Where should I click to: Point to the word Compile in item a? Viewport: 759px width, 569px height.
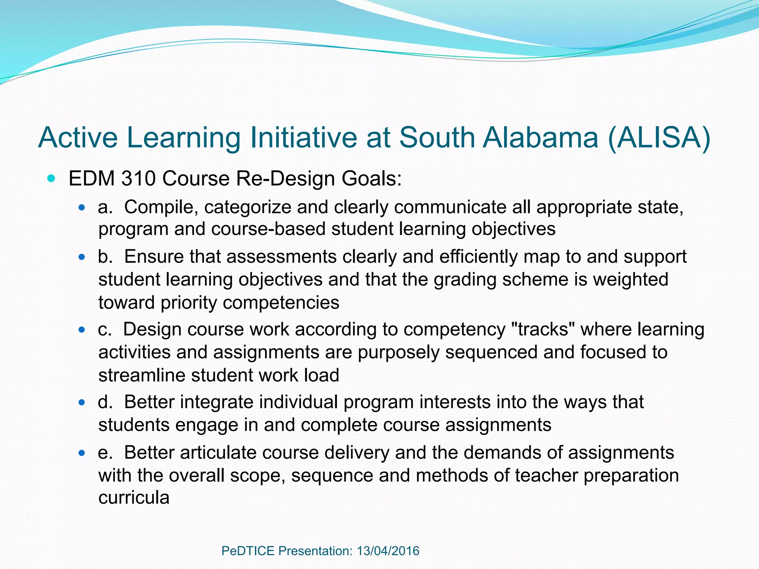(159, 207)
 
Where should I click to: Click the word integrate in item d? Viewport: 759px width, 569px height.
(217, 402)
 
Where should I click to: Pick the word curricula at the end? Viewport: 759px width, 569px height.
(134, 498)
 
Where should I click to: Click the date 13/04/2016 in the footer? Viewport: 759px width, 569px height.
(388, 551)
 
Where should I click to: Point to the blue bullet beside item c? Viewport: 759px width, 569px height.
(82, 329)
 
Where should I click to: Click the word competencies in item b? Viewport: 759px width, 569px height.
(281, 303)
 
